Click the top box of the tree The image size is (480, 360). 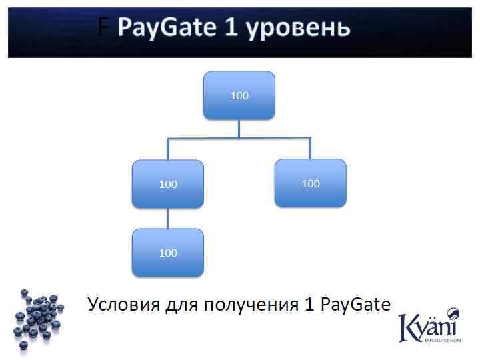[x=239, y=95]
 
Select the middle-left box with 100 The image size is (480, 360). [x=168, y=184]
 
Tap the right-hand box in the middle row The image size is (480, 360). [x=311, y=183]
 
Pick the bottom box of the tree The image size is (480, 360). [x=168, y=253]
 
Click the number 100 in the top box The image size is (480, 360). [x=239, y=95]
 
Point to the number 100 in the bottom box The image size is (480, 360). [x=168, y=253]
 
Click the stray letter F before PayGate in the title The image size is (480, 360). [x=103, y=28]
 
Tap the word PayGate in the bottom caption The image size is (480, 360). [x=355, y=305]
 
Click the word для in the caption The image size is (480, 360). [x=183, y=305]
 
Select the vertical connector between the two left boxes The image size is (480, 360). [x=168, y=218]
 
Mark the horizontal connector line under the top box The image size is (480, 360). [x=239, y=138]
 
